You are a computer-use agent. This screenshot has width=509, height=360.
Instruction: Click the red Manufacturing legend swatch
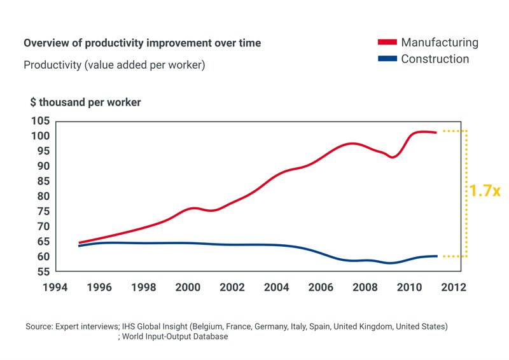tap(387, 43)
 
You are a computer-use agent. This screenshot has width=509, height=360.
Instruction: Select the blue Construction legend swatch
tap(387, 59)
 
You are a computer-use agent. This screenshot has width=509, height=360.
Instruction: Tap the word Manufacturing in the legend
tap(439, 43)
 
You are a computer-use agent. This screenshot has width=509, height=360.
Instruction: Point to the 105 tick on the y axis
tap(41, 121)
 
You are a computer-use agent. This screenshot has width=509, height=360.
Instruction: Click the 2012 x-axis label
tap(453, 287)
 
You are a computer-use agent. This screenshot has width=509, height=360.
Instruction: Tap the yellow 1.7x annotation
tap(484, 190)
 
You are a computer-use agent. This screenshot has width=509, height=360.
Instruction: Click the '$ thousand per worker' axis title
tap(85, 102)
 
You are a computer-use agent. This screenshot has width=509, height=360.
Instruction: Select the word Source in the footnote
tap(39, 326)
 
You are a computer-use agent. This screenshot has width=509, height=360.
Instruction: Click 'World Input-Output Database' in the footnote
tap(175, 336)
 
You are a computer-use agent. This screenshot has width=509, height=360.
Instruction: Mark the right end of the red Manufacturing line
tap(436, 132)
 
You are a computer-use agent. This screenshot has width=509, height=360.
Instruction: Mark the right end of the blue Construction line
tap(436, 256)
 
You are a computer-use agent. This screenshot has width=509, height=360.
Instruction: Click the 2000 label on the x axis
tap(186, 287)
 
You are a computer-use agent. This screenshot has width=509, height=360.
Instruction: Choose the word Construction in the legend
tap(435, 59)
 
